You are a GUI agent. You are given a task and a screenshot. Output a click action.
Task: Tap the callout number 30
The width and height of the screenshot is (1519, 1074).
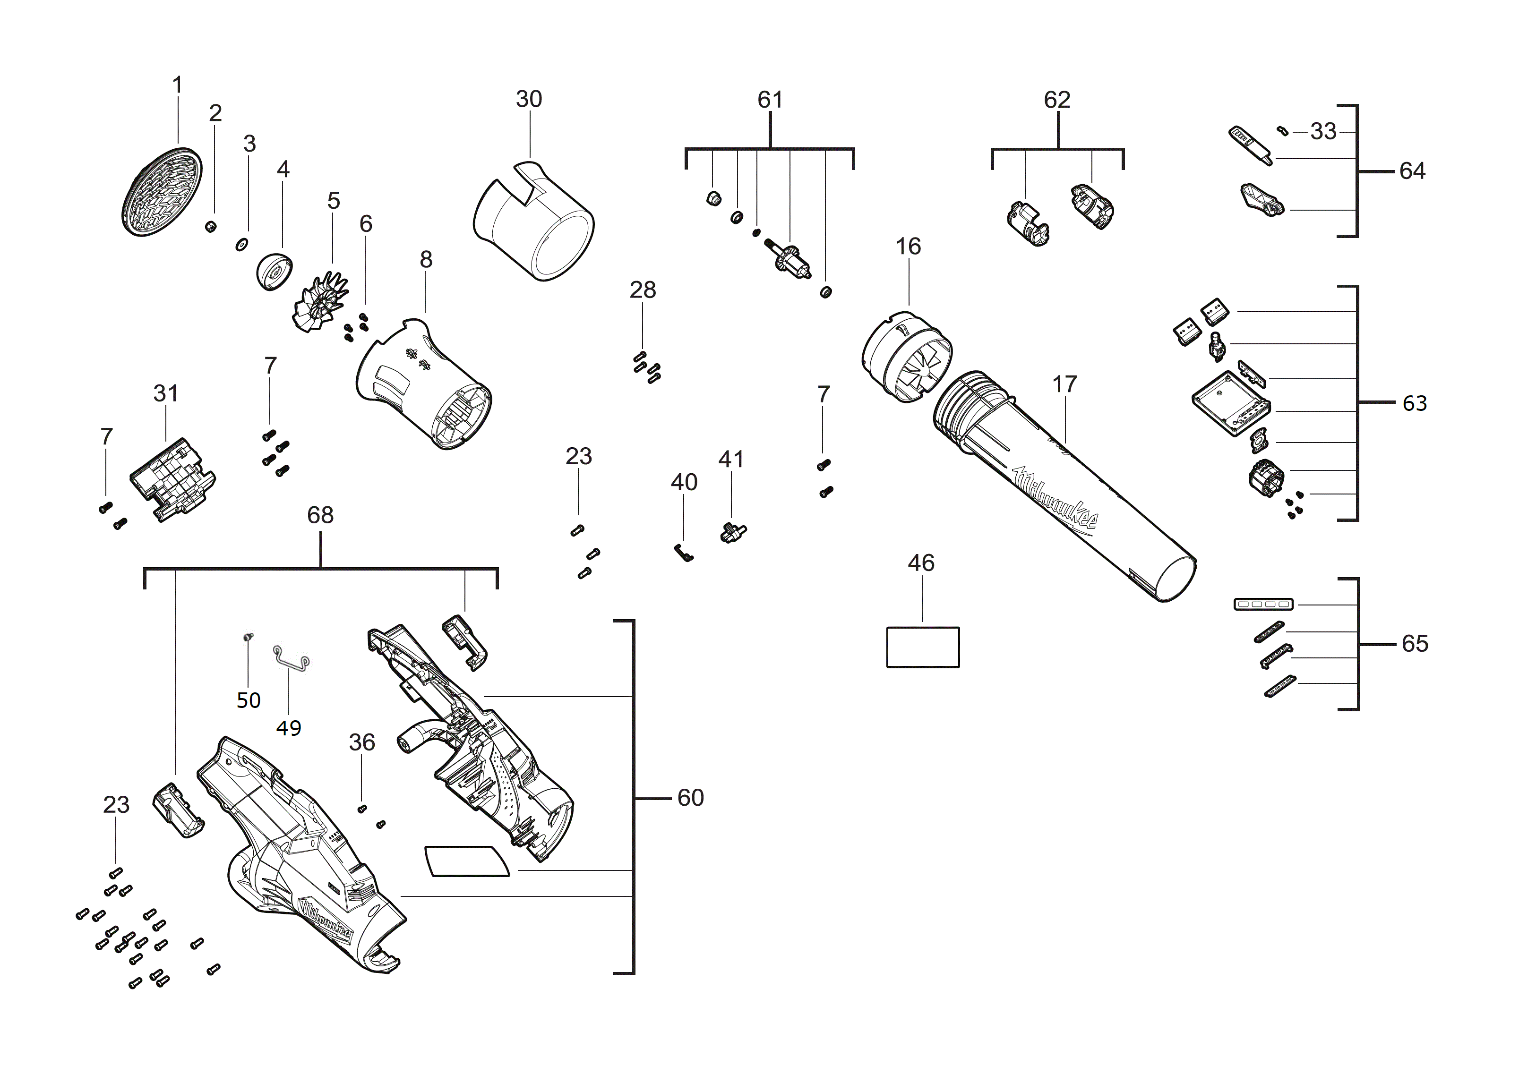point(529,99)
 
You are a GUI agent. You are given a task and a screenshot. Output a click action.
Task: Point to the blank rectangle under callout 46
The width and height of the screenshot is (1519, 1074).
point(922,647)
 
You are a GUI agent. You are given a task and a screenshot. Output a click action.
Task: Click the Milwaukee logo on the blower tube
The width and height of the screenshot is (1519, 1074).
point(1054,497)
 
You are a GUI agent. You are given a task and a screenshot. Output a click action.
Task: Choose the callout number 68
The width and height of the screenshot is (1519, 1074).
point(320,515)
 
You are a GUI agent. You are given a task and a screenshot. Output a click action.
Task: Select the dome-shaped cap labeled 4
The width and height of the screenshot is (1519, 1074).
point(273,271)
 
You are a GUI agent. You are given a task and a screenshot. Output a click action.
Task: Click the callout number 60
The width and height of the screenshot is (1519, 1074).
point(690,798)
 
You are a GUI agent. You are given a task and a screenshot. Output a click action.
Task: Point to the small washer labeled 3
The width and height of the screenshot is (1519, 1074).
point(242,245)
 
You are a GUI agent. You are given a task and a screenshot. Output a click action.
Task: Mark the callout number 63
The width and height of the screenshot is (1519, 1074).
point(1415,403)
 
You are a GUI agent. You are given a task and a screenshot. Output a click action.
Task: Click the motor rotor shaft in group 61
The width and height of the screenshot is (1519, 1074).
point(790,258)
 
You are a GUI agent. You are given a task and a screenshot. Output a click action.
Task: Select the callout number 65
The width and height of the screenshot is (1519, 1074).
point(1415,643)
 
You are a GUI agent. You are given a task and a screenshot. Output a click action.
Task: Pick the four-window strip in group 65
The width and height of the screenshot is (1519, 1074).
point(1263,604)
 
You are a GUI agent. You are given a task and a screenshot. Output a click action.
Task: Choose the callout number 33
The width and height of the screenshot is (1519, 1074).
point(1323,132)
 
